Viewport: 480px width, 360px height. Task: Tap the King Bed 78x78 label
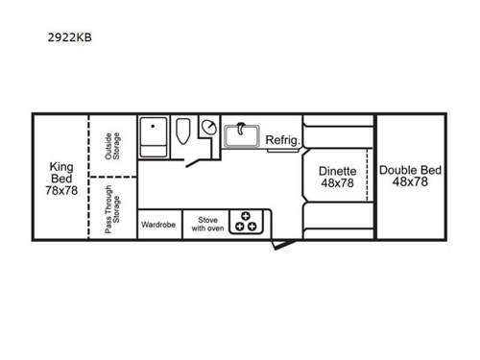click(61, 178)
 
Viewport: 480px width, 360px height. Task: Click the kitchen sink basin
click(243, 136)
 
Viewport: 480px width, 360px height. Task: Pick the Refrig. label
click(283, 139)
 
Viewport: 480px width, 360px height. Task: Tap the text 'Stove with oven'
click(204, 224)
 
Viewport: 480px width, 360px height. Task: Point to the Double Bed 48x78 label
click(410, 177)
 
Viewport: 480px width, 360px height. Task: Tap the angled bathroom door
click(199, 162)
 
